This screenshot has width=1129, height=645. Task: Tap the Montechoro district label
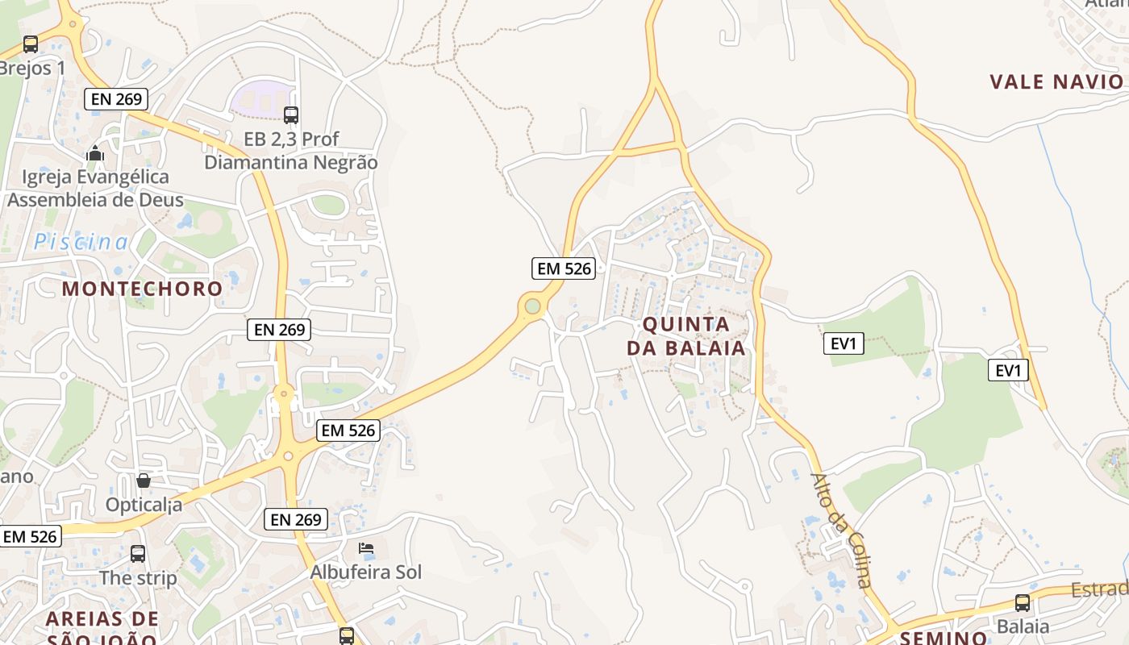(x=142, y=288)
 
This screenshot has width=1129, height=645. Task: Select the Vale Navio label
(x=1056, y=81)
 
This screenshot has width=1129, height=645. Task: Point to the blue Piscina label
(x=81, y=242)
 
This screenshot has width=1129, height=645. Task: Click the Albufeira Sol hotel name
(x=366, y=572)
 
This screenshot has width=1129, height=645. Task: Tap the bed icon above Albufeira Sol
(x=366, y=548)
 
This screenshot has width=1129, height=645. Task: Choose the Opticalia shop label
(x=144, y=506)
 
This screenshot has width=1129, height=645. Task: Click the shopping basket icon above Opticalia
(x=144, y=481)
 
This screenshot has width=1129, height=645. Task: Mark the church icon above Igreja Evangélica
(x=95, y=152)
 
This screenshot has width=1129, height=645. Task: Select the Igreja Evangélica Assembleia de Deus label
(x=95, y=188)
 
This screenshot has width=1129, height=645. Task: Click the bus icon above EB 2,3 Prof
(x=291, y=115)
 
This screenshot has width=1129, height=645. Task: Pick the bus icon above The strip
(x=138, y=554)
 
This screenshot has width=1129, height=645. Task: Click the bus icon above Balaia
(x=1023, y=602)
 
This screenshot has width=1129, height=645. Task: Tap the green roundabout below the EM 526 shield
(x=532, y=306)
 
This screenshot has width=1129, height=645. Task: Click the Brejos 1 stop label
(x=32, y=69)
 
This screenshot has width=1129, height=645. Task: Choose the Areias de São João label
(x=102, y=628)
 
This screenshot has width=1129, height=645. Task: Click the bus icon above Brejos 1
(x=31, y=44)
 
